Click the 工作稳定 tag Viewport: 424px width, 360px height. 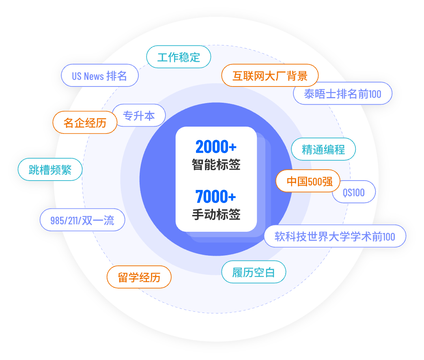[179, 57]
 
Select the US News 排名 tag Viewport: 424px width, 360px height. [99, 75]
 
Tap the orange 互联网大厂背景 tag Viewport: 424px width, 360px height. [270, 75]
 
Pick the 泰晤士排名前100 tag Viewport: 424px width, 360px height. [342, 94]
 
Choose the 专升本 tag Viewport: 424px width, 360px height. [139, 116]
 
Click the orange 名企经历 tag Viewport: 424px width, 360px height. [85, 123]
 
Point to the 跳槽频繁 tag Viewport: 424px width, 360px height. [50, 170]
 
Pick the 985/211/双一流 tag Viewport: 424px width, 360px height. [82, 220]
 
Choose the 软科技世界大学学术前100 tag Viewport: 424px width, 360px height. [335, 236]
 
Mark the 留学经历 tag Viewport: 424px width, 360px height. [139, 278]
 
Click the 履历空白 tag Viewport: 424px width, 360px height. [254, 272]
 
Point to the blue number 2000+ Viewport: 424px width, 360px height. [216, 147]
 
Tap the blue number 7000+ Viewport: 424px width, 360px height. [216, 197]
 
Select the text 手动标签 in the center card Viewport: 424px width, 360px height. [216, 214]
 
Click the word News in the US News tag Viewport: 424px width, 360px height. [94, 76]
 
